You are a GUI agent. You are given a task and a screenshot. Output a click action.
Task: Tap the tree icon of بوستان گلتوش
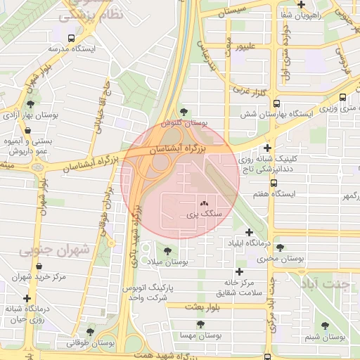184,111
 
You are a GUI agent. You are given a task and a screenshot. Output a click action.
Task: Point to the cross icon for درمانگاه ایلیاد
248,232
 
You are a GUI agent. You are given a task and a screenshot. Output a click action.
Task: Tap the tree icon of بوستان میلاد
167,250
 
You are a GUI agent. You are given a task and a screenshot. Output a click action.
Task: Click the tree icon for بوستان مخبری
280,247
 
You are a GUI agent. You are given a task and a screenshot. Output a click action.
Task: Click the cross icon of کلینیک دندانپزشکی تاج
266,148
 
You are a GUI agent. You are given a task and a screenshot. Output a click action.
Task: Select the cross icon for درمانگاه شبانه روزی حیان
27,298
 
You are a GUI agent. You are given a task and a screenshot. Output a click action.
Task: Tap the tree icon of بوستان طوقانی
89,331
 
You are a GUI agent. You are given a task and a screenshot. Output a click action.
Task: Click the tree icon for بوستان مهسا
200,324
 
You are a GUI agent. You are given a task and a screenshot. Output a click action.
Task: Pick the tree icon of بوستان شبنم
324,326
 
